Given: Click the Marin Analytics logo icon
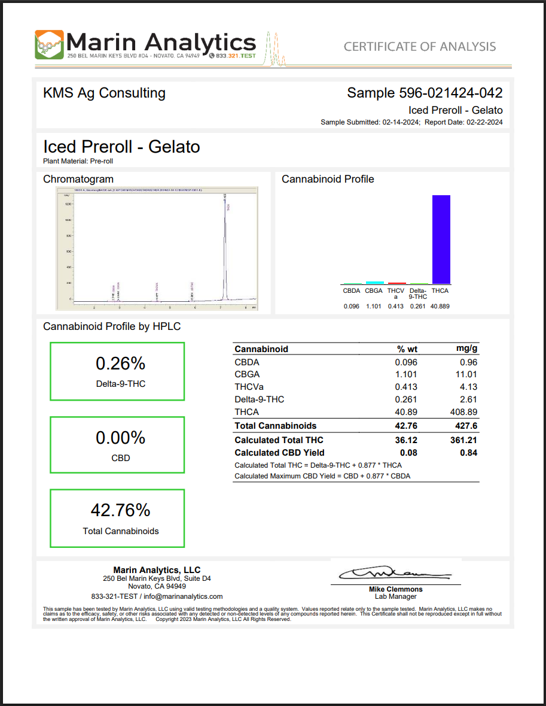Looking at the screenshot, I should tap(49, 44).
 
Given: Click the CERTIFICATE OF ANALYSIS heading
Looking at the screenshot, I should tap(419, 47).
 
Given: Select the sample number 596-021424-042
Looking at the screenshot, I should tap(450, 93).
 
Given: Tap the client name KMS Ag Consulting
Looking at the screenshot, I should tap(104, 93).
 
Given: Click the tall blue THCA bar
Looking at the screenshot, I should tap(441, 239).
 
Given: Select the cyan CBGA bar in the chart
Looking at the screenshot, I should tap(374, 282).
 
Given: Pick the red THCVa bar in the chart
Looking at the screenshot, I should tap(396, 283).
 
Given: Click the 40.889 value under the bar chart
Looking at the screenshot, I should tap(440, 307).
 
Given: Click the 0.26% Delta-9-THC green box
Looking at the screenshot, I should tap(117, 371).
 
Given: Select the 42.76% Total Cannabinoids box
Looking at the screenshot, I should tap(117, 517).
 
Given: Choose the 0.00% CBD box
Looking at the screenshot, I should tap(117, 445).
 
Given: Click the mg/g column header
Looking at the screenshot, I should tap(466, 349).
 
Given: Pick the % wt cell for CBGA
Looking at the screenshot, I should tap(407, 374).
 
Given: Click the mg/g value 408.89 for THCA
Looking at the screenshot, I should tap(463, 412).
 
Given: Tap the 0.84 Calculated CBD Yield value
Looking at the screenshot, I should tap(468, 453).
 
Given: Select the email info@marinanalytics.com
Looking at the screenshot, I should tap(183, 596).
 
